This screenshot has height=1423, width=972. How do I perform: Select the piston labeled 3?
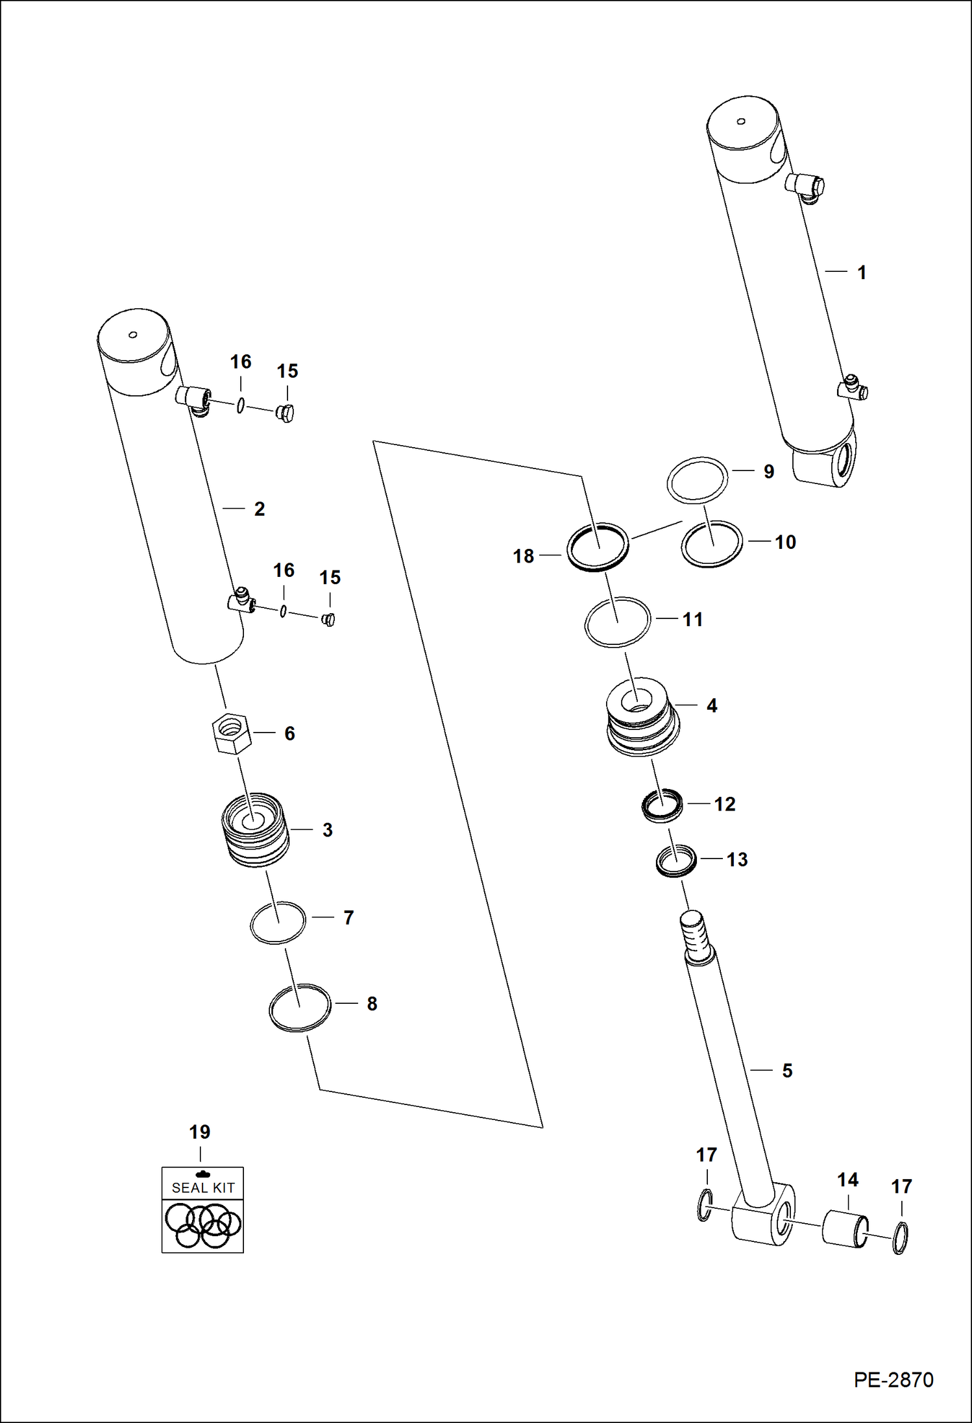[x=255, y=830]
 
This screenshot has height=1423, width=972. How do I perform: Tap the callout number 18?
[x=523, y=556]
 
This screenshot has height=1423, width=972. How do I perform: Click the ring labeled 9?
[x=698, y=480]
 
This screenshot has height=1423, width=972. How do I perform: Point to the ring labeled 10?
[x=712, y=544]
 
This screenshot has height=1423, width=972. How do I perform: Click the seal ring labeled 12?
[x=662, y=805]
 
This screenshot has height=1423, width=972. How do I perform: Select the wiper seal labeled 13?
[x=675, y=861]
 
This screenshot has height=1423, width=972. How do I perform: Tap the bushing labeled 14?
[x=844, y=1228]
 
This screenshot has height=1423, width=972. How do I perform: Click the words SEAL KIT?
[x=202, y=1187]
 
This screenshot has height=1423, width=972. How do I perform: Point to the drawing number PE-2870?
[x=893, y=1379]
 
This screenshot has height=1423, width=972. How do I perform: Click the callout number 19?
[x=199, y=1132]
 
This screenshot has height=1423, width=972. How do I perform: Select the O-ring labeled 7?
[x=278, y=923]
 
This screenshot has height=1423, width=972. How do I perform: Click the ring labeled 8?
[x=300, y=1008]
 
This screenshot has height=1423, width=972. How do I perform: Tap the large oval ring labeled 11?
[x=617, y=622]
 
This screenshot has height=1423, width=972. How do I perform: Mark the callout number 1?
[x=862, y=273]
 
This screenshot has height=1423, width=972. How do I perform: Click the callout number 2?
[x=260, y=509]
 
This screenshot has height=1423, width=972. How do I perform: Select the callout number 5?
[x=787, y=1071]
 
